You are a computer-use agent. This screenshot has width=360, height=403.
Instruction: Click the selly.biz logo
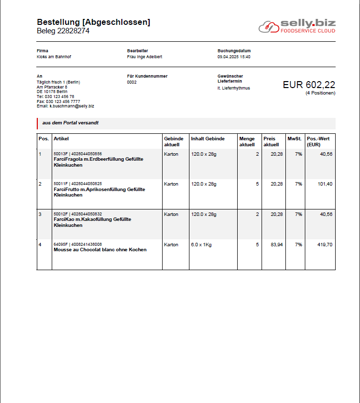tap(296, 26)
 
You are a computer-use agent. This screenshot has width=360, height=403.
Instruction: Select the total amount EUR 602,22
tap(309, 85)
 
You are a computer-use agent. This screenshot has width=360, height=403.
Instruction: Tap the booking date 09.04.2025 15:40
tap(234, 57)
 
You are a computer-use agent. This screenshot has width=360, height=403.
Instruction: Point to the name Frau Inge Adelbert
tap(145, 57)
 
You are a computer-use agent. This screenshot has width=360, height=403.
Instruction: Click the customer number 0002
tap(132, 82)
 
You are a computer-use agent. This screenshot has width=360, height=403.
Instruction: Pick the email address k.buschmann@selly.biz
tap(72, 106)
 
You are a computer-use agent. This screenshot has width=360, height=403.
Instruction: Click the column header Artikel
tap(61, 139)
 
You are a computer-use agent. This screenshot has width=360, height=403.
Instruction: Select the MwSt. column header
tap(294, 139)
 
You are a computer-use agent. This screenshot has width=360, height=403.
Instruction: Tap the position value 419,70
tap(325, 244)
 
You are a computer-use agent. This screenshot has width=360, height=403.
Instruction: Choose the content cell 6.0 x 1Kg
tap(202, 244)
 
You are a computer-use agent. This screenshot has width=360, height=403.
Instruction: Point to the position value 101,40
tap(325, 184)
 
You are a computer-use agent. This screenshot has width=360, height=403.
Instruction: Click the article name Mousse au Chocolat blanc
tap(100, 250)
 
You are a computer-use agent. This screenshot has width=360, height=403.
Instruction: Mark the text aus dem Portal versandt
tap(70, 123)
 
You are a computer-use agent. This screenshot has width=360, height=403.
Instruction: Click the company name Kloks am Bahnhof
tap(54, 57)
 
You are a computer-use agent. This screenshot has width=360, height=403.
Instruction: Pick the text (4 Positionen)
tap(320, 94)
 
